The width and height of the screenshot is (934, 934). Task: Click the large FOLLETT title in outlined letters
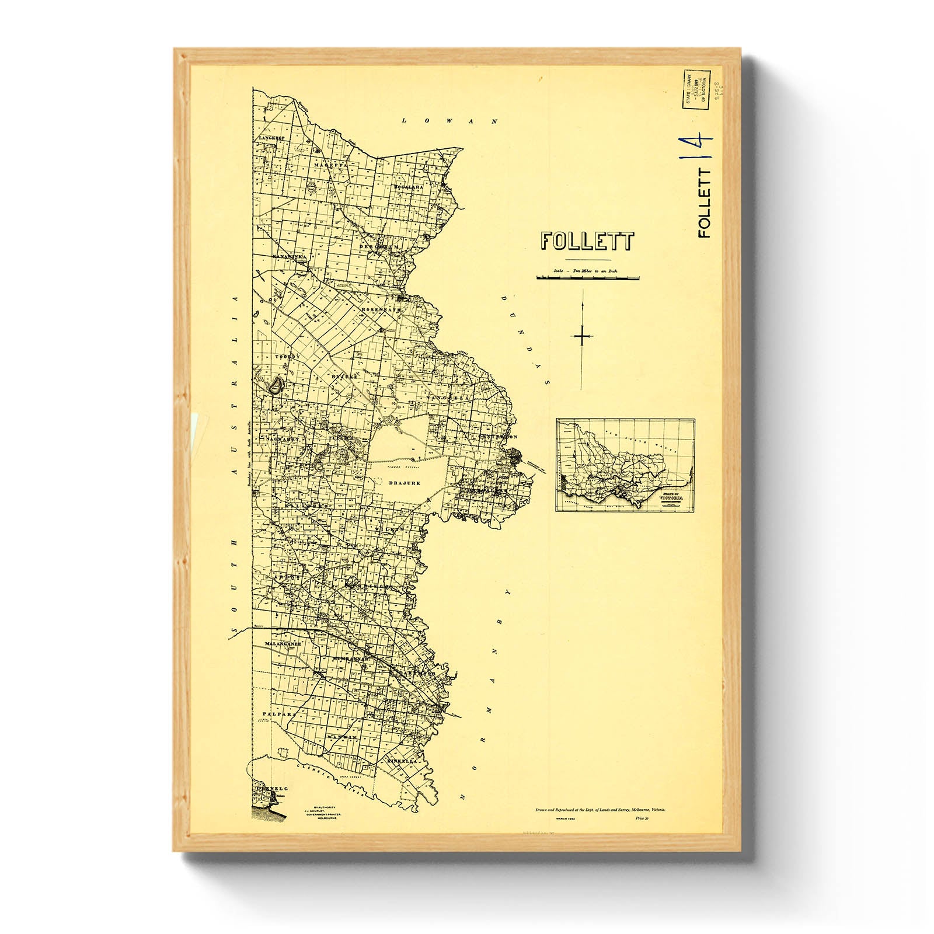click(x=587, y=241)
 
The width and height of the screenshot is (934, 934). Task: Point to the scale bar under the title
click(x=587, y=278)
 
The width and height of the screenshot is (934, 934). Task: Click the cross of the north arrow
click(x=583, y=337)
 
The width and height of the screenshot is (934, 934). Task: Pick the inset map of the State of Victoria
click(x=625, y=465)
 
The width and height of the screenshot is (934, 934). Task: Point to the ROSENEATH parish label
click(x=381, y=309)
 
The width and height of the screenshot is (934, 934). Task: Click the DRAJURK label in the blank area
click(x=405, y=483)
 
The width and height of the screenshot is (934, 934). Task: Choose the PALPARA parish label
click(x=276, y=713)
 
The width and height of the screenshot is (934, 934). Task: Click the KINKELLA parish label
click(x=402, y=761)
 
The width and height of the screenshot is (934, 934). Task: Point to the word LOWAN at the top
click(x=450, y=121)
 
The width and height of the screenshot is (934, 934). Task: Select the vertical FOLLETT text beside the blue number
click(x=705, y=203)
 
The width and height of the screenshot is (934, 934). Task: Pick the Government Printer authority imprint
click(x=324, y=812)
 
